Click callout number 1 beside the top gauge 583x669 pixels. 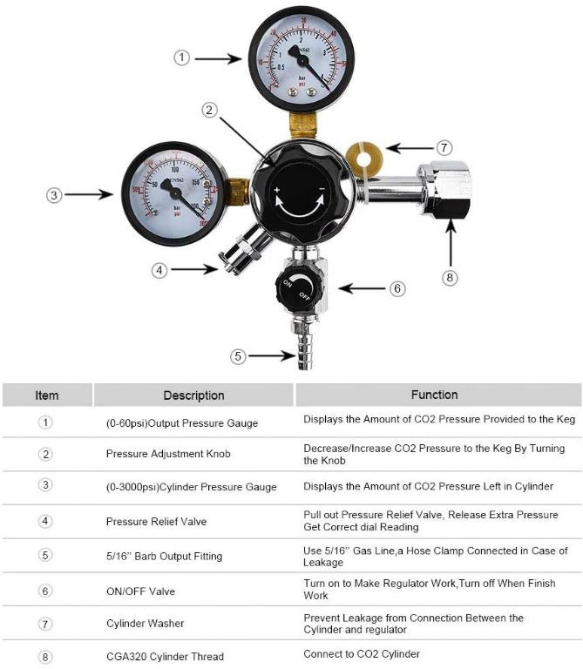[181, 58]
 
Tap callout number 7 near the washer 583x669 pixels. [444, 147]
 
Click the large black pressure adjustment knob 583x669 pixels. [299, 187]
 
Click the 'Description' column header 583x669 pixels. [193, 395]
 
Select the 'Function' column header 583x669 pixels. [434, 395]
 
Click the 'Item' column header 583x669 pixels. [47, 395]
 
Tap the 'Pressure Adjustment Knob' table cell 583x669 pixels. [168, 454]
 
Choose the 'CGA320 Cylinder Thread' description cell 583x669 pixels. [165, 656]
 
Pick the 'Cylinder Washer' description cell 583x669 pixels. [146, 625]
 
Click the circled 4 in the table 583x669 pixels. [46, 521]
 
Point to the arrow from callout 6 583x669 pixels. [362, 287]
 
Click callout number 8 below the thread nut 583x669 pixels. [450, 278]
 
